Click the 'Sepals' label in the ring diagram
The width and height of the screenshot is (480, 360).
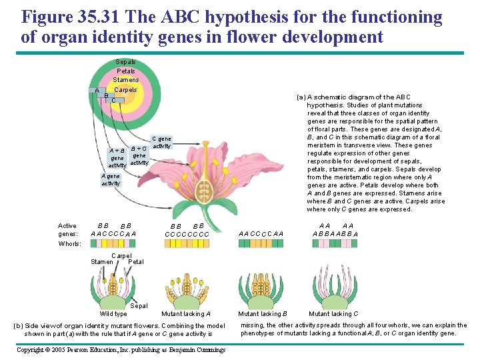tap(125, 62)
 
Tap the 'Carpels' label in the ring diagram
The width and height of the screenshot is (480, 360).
tap(125, 90)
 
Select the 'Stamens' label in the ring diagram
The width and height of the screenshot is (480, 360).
tap(125, 80)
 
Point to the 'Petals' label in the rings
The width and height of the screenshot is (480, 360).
tap(125, 71)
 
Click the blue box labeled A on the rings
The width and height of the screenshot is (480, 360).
tap(97, 91)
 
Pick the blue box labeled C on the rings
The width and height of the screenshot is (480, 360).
tap(114, 101)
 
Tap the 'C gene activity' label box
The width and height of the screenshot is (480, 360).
tap(162, 142)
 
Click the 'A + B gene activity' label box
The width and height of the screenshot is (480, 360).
tap(117, 157)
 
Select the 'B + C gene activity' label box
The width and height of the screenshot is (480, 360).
tap(139, 155)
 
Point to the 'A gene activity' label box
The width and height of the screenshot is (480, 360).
tap(111, 179)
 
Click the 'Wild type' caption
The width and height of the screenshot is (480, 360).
tap(113, 313)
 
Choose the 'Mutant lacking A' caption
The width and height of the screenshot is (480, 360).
tap(186, 313)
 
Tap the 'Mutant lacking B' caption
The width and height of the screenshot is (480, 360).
tap(263, 313)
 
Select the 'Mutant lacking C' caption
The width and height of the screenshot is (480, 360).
tap(333, 313)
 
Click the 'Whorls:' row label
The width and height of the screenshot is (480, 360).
tap(69, 244)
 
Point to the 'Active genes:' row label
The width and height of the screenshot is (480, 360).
tap(67, 229)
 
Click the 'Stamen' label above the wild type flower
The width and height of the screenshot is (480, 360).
tap(102, 262)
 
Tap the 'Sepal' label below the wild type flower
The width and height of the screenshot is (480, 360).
tap(139, 305)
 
